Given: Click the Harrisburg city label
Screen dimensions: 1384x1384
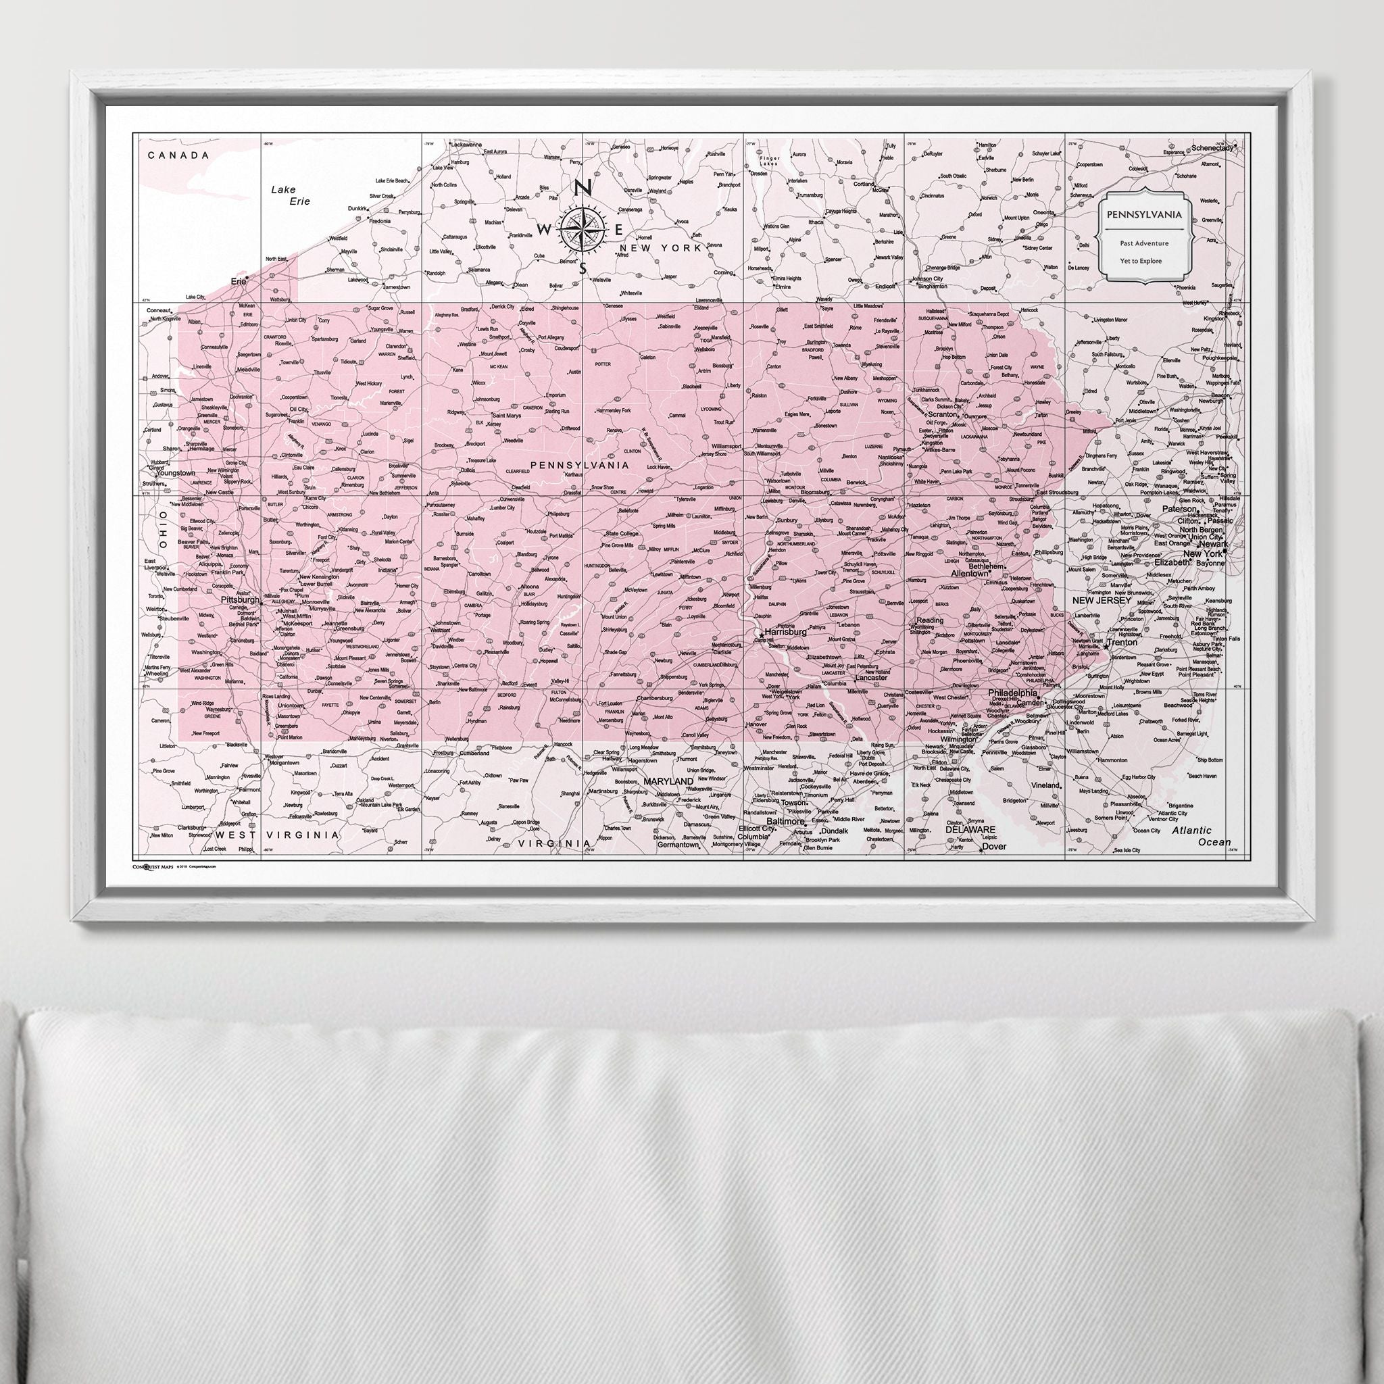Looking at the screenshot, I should coord(786,633).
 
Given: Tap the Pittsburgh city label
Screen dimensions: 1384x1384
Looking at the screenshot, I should coord(240,599).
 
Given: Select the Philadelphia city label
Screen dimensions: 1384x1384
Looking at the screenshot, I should coord(1013,693).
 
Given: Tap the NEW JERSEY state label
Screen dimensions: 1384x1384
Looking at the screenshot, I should coord(1101,600).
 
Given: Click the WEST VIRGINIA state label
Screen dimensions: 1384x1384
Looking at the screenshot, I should coord(276,835).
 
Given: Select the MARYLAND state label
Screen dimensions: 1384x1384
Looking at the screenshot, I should coord(668,780).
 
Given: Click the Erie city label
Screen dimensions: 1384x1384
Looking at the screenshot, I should coord(237,282).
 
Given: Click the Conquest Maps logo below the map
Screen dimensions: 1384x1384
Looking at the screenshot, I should coord(153,866).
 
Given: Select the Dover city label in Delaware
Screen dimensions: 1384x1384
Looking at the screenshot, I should coord(994,846).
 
